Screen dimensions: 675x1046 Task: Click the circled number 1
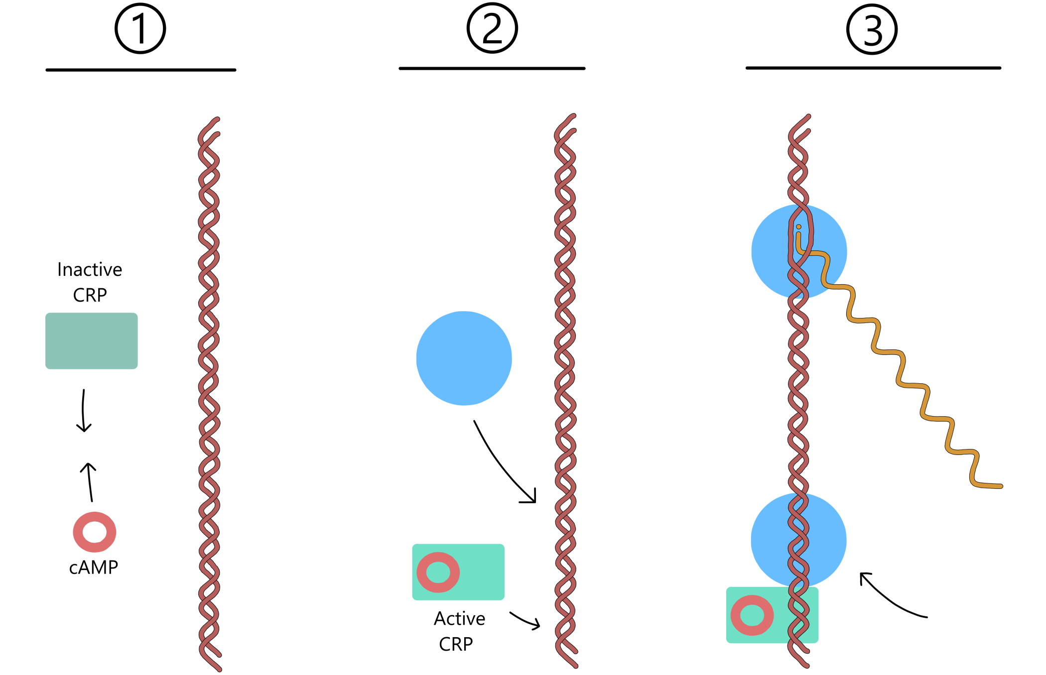pos(140,29)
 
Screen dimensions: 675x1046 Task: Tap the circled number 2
pos(492,28)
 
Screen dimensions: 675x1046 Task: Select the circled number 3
pos(872,29)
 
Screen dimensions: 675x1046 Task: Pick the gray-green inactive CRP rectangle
pos(91,340)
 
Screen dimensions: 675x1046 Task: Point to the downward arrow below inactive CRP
pos(84,411)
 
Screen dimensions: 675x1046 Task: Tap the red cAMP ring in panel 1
pos(95,532)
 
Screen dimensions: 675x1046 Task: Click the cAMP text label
pos(94,567)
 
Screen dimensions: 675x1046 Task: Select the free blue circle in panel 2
pos(464,358)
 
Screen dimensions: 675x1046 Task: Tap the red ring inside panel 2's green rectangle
pos(438,572)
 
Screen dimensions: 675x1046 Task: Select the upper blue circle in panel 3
pos(767,251)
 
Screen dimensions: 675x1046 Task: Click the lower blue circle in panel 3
pos(767,540)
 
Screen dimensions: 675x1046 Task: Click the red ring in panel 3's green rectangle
pos(752,615)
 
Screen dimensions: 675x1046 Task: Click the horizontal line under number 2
pos(492,69)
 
